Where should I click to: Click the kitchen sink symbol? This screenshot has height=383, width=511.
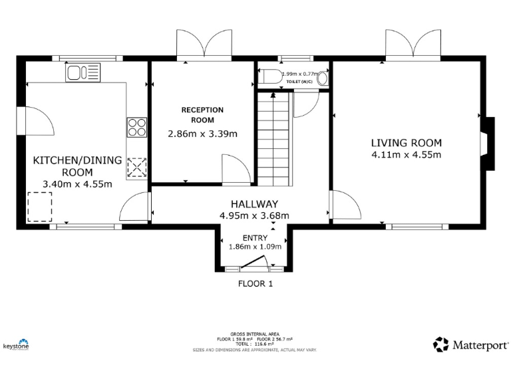pyautogui.click(x=83, y=72)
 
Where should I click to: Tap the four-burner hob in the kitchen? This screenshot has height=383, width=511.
pyautogui.click(x=137, y=126)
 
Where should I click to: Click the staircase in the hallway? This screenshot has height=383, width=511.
pyautogui.click(x=274, y=140)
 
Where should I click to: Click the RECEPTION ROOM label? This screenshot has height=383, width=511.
pyautogui.click(x=202, y=115)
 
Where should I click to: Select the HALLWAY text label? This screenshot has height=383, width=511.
pyautogui.click(x=254, y=204)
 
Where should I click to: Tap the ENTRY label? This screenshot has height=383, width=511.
pyautogui.click(x=255, y=238)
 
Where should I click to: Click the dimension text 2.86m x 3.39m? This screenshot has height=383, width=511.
pyautogui.click(x=202, y=134)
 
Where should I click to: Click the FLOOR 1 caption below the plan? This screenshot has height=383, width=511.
pyautogui.click(x=255, y=283)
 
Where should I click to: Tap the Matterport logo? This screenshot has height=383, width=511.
pyautogui.click(x=471, y=344)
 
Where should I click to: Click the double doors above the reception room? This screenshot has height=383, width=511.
pyautogui.click(x=204, y=46)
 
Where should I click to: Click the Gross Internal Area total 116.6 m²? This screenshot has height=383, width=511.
pyautogui.click(x=254, y=343)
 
